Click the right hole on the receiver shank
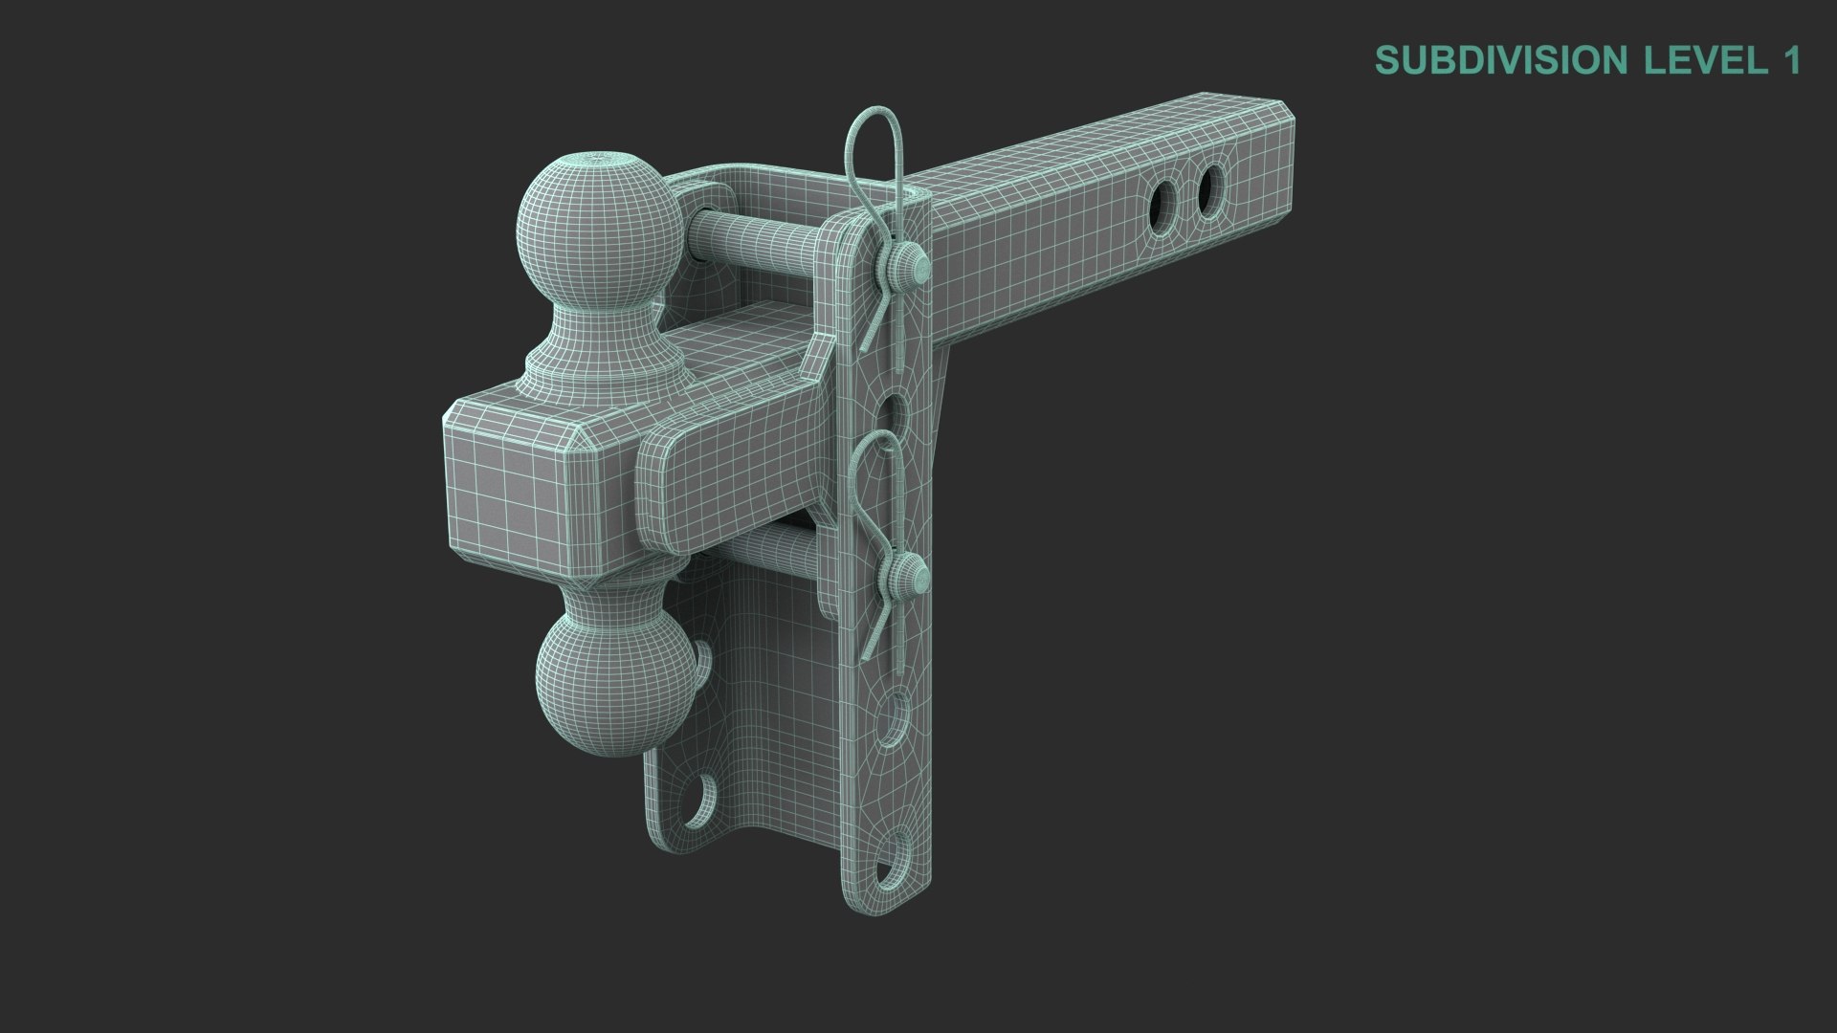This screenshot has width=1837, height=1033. (1210, 182)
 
